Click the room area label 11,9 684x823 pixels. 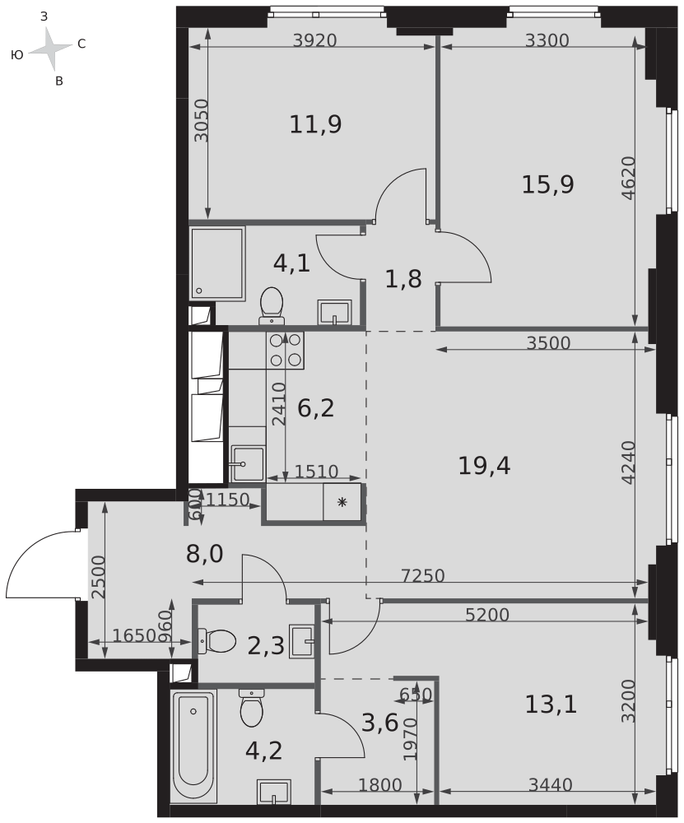(x=315, y=125)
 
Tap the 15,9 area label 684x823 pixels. (x=547, y=184)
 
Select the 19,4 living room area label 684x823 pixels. (x=484, y=466)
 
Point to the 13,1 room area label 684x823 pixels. (x=551, y=704)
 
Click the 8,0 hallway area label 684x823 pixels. (x=205, y=554)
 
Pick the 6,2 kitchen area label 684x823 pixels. (x=315, y=408)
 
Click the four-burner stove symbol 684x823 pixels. (x=286, y=350)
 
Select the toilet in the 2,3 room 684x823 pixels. (x=216, y=641)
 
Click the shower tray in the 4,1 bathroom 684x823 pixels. (x=217, y=263)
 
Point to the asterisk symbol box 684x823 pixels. (x=342, y=502)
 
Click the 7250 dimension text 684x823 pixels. (x=423, y=576)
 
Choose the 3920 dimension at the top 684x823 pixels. (x=314, y=40)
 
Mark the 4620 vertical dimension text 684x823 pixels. (x=628, y=179)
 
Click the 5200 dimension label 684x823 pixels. (x=487, y=615)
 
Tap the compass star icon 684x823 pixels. (x=50, y=49)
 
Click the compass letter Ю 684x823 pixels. (x=16, y=54)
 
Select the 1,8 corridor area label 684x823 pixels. (x=403, y=279)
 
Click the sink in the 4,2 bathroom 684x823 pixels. (x=273, y=792)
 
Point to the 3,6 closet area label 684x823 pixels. (x=380, y=723)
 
